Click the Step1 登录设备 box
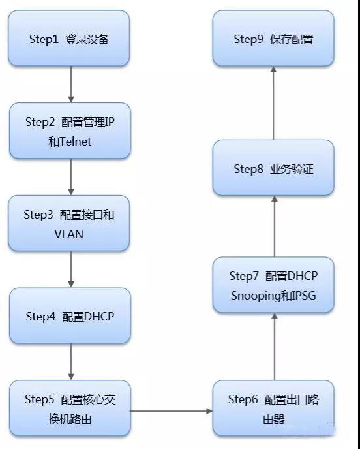click(x=68, y=39)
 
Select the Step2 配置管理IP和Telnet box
click(x=70, y=131)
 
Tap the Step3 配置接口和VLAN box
click(x=68, y=223)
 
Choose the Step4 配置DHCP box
click(x=70, y=316)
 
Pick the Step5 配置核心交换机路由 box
click(x=70, y=408)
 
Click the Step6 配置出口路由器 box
click(x=273, y=408)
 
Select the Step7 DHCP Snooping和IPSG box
click(x=273, y=285)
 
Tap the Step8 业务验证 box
click(x=273, y=168)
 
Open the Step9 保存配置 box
click(x=273, y=39)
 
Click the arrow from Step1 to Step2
click(x=71, y=84)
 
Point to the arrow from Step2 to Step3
click(x=71, y=177)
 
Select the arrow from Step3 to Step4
click(x=71, y=269)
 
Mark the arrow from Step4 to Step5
click(x=71, y=362)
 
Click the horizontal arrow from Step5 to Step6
click(x=172, y=411)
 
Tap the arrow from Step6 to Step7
click(x=275, y=347)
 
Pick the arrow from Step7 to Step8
click(x=275, y=226)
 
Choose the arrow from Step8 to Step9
click(x=273, y=103)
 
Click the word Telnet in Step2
click(x=76, y=142)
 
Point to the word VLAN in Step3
click(x=69, y=234)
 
